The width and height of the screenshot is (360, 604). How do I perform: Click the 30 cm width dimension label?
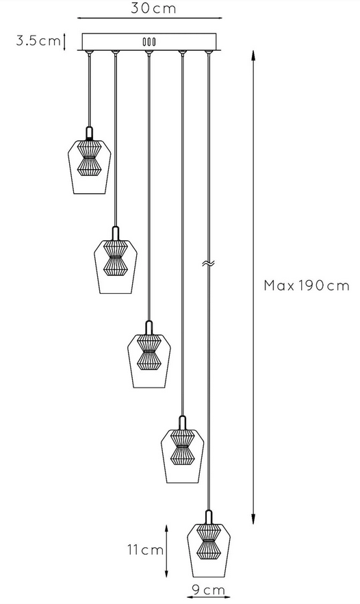tap(153, 8)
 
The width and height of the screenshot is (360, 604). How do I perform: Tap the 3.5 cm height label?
tap(38, 40)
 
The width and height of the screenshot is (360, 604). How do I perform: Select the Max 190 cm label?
tap(307, 286)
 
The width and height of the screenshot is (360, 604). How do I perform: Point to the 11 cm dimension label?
tap(146, 550)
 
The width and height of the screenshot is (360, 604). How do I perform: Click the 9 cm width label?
tap(208, 590)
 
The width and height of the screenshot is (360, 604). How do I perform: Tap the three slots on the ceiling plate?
tap(149, 42)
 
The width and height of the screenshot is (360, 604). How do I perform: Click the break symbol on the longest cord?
tap(208, 264)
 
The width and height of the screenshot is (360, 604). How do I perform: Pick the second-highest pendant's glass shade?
tap(116, 266)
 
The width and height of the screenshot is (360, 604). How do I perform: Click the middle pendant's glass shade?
tap(149, 361)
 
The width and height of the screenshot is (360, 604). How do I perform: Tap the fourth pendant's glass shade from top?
tap(182, 455)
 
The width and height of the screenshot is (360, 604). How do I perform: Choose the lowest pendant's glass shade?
tap(209, 550)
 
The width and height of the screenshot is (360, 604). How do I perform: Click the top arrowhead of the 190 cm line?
tap(253, 55)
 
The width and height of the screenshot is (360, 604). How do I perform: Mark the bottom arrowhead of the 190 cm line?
tap(253, 518)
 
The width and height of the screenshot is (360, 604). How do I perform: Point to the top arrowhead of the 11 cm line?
tap(166, 529)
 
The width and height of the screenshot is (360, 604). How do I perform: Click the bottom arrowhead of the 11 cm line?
tap(166, 572)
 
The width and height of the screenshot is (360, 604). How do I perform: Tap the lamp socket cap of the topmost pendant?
tap(90, 134)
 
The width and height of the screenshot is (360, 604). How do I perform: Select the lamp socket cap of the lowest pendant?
tap(209, 517)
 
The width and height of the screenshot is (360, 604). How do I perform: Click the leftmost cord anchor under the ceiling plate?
tap(89, 52)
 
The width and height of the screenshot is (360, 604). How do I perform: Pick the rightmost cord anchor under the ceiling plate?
tap(208, 52)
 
